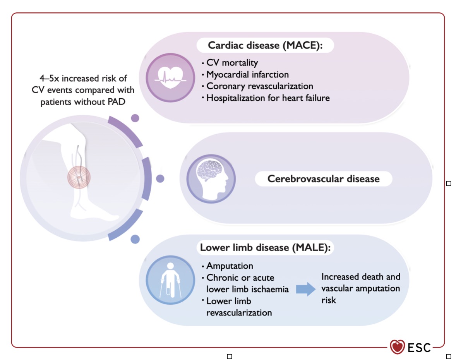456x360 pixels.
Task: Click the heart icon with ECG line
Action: tap(170, 78)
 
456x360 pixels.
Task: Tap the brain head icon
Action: tap(211, 178)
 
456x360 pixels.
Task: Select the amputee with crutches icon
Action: tap(170, 280)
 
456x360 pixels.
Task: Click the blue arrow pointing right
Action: tap(306, 289)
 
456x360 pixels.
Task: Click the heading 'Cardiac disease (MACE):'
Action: tap(265, 45)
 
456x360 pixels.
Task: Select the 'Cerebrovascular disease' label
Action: tap(323, 178)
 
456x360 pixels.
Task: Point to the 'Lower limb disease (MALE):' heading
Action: tap(265, 247)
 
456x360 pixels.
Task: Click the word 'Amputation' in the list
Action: tap(230, 266)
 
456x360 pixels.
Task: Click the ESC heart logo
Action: tap(397, 347)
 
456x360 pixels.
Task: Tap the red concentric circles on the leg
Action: tap(79, 177)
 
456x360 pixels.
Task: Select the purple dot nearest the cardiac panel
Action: tap(135, 118)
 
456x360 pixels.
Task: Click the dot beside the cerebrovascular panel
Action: tap(160, 178)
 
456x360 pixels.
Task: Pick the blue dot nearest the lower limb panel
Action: tap(135, 239)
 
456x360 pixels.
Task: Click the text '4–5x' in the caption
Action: tap(49, 78)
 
